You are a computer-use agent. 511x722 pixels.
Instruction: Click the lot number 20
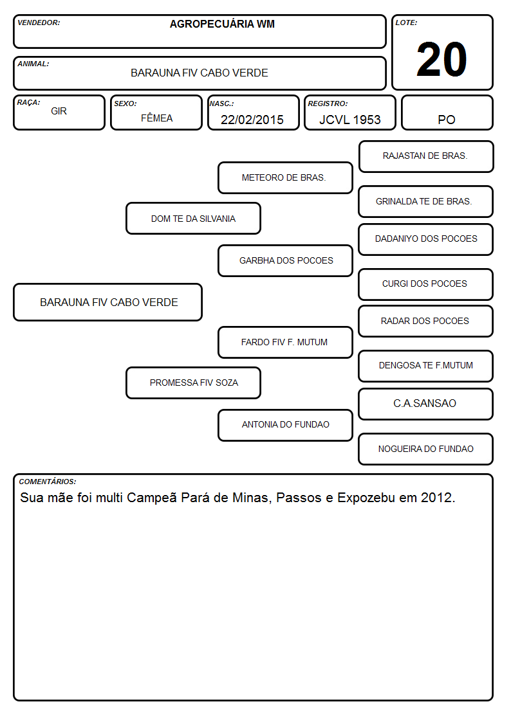[441, 59]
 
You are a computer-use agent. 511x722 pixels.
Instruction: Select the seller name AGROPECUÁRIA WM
[222, 24]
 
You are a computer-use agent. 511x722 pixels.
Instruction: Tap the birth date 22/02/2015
[252, 120]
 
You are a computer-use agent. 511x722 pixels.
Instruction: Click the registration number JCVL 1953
[350, 120]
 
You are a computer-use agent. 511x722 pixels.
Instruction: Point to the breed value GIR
[59, 111]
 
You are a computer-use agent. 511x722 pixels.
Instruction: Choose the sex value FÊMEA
[156, 118]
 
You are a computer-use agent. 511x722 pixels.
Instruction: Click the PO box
[447, 113]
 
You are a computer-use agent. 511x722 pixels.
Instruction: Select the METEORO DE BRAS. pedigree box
[285, 177]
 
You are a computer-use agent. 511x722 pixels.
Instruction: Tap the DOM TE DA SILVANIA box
[194, 218]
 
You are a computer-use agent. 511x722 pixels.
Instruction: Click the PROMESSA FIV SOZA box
[194, 383]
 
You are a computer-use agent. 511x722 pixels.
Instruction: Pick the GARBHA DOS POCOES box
[285, 260]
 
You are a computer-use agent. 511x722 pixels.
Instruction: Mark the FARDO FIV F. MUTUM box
[285, 342]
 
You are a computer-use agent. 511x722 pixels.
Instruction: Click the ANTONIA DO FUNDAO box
[285, 425]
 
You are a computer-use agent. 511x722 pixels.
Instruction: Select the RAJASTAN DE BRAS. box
[426, 157]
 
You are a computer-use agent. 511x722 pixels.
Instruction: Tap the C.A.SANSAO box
[426, 404]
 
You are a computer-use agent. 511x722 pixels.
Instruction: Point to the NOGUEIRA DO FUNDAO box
[426, 449]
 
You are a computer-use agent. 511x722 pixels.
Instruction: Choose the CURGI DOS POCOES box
[426, 284]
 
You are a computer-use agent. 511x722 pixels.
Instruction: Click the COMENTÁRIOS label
[48, 482]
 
